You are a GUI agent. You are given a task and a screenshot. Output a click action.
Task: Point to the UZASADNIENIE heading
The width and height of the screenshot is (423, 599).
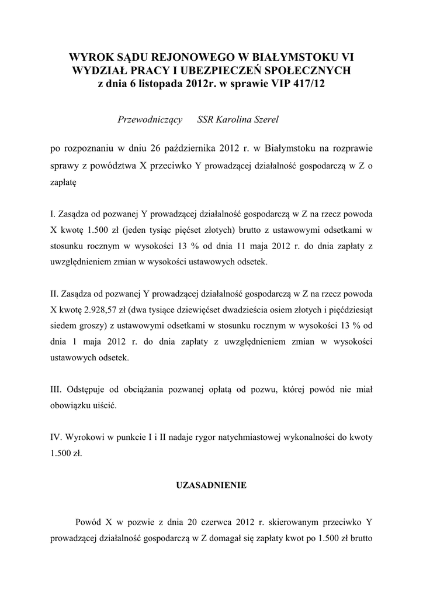click(x=211, y=486)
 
